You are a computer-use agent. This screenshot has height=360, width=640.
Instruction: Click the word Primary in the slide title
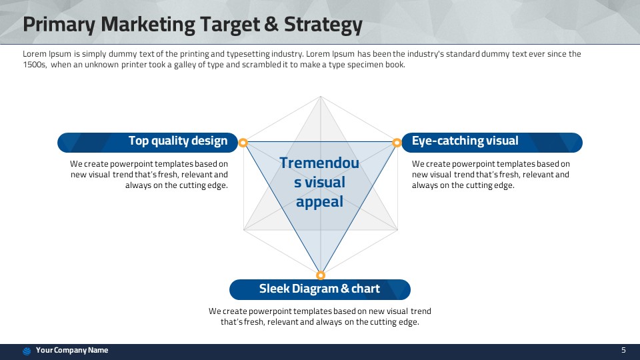pos(59,25)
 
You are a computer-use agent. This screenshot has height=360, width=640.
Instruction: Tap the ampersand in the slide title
pos(271,24)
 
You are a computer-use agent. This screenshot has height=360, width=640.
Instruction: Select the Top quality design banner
pos(147,143)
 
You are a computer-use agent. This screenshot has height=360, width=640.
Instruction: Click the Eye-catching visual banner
pos(492,143)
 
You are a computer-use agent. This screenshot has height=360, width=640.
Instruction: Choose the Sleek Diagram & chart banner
pos(320,289)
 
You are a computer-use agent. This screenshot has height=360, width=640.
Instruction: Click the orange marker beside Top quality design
pos(243,143)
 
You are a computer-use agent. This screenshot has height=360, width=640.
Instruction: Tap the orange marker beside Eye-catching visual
pos(397,143)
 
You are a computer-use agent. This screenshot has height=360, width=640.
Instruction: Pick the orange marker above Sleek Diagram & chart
pos(321,275)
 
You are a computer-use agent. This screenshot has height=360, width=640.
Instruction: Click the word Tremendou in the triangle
pos(319,163)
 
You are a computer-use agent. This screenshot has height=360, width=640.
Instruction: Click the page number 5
pos(623,350)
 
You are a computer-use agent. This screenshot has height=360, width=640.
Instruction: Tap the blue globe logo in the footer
pos(27,351)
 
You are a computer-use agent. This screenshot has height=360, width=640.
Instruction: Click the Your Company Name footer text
pos(72,350)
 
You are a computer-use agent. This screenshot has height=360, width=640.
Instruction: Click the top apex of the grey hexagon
pos(321,96)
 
